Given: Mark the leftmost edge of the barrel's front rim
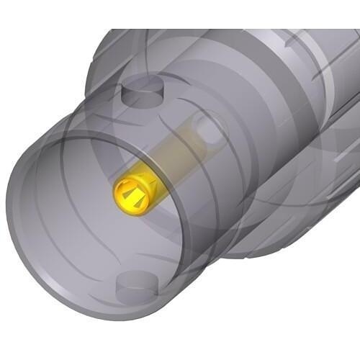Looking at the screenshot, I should point(9,216).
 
